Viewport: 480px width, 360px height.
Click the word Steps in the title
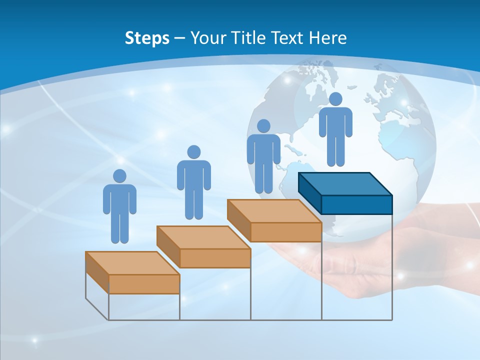[x=147, y=38]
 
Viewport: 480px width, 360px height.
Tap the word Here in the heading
[x=327, y=38]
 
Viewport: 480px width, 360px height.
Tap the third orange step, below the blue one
[x=274, y=211]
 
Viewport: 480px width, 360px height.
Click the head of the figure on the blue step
[x=335, y=99]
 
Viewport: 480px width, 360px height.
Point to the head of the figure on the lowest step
[x=119, y=176]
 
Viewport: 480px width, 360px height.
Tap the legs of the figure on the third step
[x=263, y=177]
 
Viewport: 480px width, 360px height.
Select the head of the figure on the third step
[x=263, y=126]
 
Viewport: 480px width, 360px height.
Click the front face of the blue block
[x=356, y=204]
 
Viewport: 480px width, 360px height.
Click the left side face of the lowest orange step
[x=97, y=272]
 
